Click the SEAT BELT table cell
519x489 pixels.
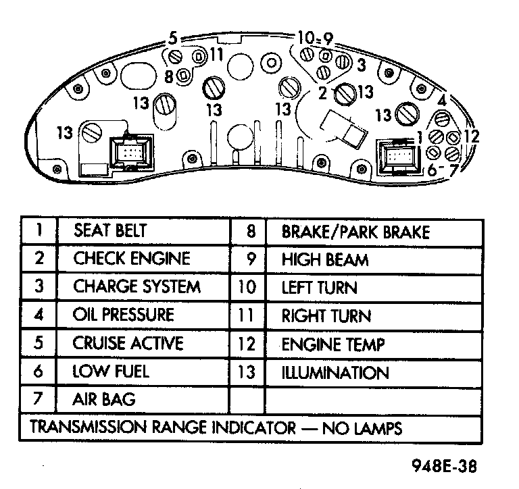[x=109, y=231]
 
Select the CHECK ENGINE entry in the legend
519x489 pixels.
[x=132, y=259]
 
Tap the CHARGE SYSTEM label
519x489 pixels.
[x=137, y=286]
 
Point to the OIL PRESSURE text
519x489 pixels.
[x=123, y=315]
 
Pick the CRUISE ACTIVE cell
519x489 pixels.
[x=128, y=343]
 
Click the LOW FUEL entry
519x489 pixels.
[x=111, y=371]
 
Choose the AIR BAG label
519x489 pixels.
[x=103, y=399]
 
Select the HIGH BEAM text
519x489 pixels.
[x=324, y=260]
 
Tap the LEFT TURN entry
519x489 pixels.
[x=319, y=288]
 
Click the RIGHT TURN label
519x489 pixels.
[x=326, y=316]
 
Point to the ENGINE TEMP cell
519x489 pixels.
[x=332, y=344]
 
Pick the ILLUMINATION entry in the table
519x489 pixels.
[x=335, y=373]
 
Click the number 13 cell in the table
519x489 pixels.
[x=247, y=373]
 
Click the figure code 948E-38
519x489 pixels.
[x=441, y=466]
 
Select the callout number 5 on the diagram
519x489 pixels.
[x=173, y=38]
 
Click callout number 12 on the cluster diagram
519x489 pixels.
[x=471, y=136]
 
